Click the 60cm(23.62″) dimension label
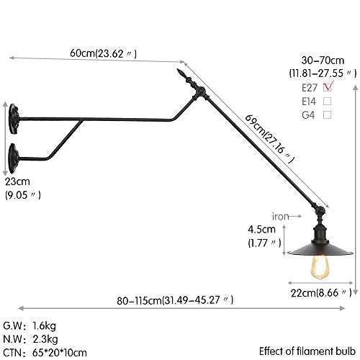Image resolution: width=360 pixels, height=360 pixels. pyautogui.click(x=103, y=53)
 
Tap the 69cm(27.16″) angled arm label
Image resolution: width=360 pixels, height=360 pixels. pyautogui.click(x=269, y=139)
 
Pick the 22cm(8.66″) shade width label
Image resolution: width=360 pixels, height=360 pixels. pyautogui.click(x=321, y=293)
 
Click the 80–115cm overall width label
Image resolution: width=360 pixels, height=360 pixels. pyautogui.click(x=175, y=300)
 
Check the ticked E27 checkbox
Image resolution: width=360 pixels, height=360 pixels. pyautogui.click(x=328, y=87)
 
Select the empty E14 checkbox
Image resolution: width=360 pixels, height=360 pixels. pyautogui.click(x=328, y=102)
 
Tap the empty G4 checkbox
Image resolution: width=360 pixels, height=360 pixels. pyautogui.click(x=328, y=115)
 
